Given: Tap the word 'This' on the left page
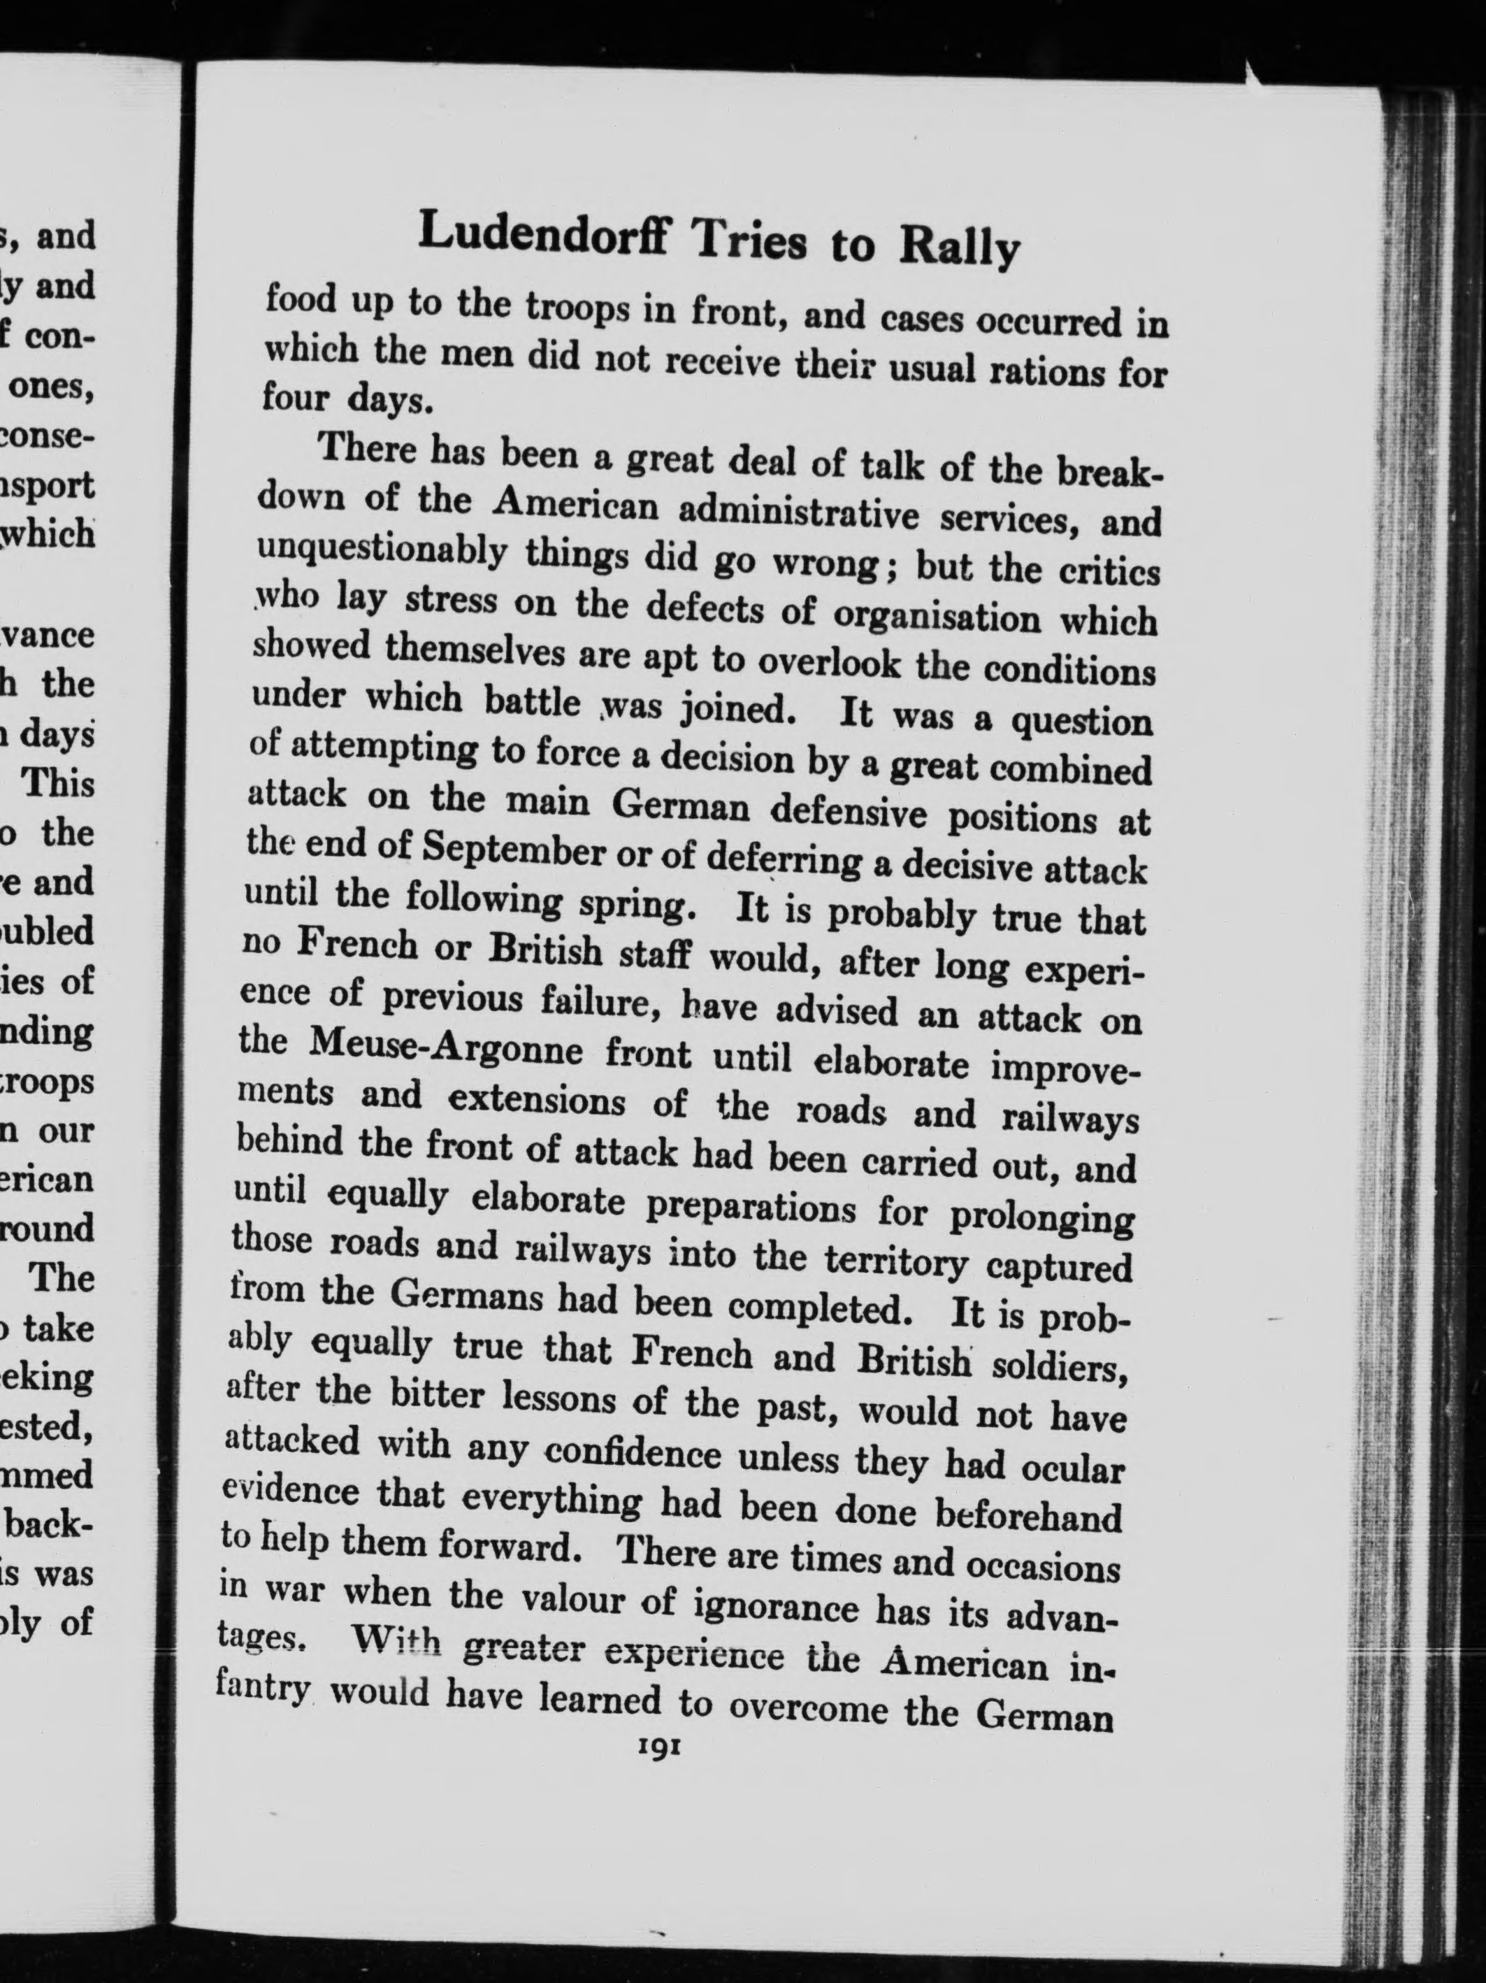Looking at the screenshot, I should click(x=58, y=782).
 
